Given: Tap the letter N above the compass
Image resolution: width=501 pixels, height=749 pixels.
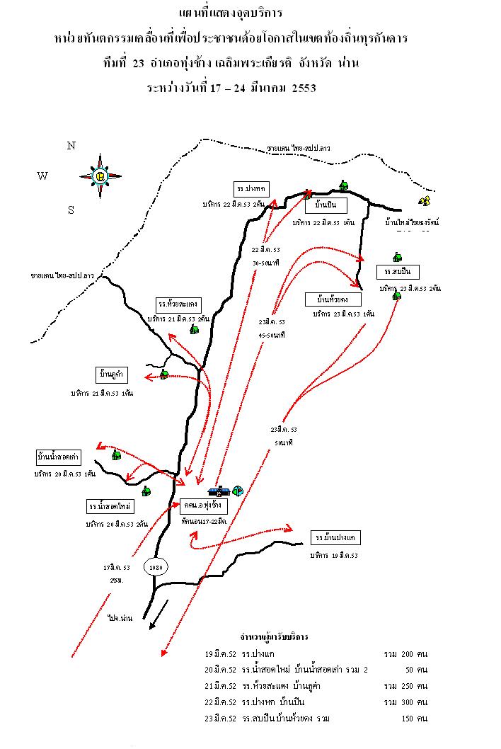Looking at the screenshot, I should (x=71, y=146).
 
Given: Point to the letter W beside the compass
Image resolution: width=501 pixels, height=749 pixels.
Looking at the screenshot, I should (x=42, y=176).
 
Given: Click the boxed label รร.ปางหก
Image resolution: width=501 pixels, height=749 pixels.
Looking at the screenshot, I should (x=251, y=188).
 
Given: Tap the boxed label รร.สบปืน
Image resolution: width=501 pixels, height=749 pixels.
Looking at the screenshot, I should (x=398, y=272).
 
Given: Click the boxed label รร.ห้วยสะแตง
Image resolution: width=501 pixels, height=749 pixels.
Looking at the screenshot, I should (x=179, y=304).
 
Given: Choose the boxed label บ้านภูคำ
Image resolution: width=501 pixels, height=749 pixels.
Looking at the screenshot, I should (x=112, y=374).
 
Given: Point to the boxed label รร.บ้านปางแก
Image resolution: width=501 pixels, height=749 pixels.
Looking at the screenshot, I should (x=336, y=537).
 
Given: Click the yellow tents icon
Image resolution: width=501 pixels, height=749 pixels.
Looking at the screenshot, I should (x=425, y=202).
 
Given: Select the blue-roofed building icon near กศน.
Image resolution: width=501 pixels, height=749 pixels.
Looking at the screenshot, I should (x=218, y=490).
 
